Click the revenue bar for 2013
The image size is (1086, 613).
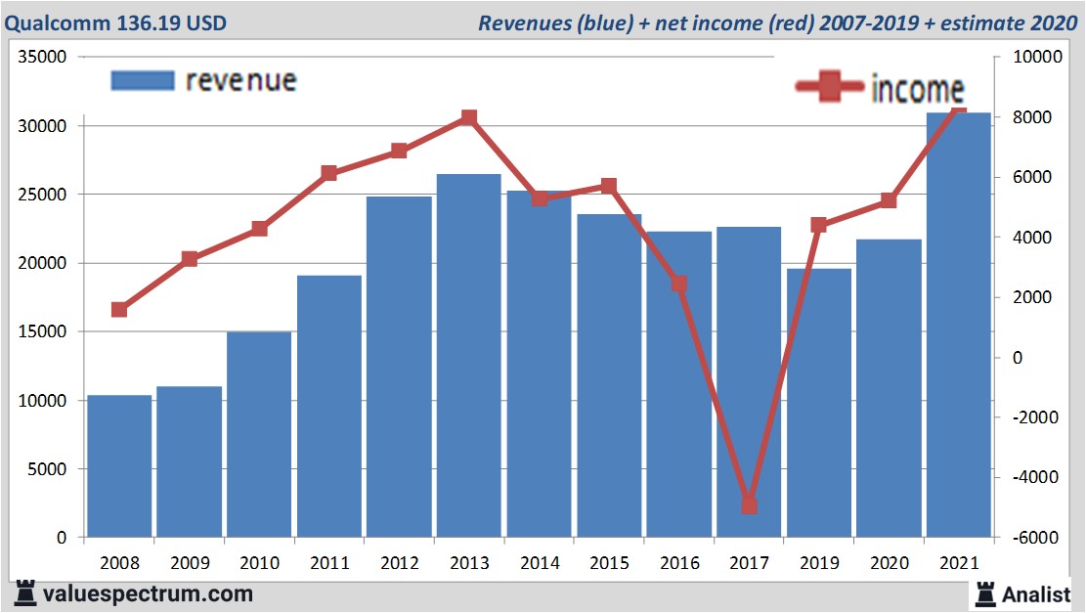(468, 356)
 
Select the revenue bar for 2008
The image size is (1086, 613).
(119, 466)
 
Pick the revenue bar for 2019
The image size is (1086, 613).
(819, 403)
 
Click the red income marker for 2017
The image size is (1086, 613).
(749, 505)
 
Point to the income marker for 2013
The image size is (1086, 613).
(468, 118)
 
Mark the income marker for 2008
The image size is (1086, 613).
(119, 310)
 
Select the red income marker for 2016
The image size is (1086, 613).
(679, 285)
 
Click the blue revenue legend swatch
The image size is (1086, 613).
(143, 80)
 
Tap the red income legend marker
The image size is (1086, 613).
(829, 87)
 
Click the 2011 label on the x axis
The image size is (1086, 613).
(329, 564)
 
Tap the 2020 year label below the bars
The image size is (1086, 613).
(889, 564)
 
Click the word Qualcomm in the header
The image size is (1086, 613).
(54, 22)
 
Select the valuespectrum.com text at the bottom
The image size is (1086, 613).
(147, 593)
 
